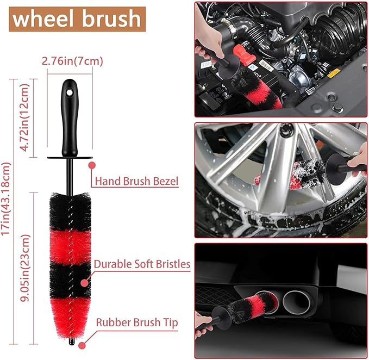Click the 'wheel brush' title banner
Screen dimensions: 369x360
tap(77, 19)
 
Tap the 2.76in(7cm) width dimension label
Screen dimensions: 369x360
tap(72, 61)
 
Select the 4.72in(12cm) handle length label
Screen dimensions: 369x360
tap(24, 117)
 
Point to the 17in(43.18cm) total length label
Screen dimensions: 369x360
tap(5, 198)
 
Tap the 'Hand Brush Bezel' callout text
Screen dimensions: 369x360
tap(136, 181)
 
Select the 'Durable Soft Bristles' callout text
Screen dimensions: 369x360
tap(142, 264)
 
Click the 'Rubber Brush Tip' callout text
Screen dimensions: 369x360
tap(137, 322)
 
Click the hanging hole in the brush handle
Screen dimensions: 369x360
tap(69, 92)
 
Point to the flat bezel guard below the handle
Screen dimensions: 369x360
tap(70, 158)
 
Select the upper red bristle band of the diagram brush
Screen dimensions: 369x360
tap(70, 248)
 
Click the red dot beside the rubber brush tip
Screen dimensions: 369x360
tap(82, 345)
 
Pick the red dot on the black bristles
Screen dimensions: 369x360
tap(84, 283)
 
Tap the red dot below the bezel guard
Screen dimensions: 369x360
tap(92, 165)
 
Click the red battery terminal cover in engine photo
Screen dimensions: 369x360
tap(244, 55)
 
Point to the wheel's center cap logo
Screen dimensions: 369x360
tap(286, 130)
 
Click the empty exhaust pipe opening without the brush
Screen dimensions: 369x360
tap(298, 302)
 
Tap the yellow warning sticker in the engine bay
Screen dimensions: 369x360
tap(334, 73)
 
